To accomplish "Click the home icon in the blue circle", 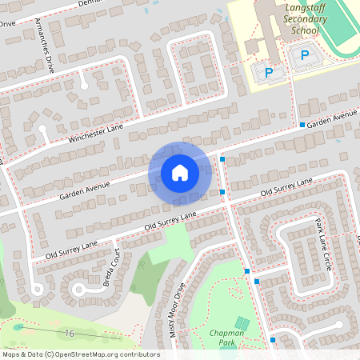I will (x=179, y=172).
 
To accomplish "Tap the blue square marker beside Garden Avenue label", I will (x=302, y=125).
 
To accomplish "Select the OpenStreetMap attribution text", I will (x=80, y=354).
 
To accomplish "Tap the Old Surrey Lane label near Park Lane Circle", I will (x=286, y=191).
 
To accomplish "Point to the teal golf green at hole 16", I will (x=18, y=326).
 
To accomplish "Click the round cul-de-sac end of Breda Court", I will (x=78, y=289).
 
